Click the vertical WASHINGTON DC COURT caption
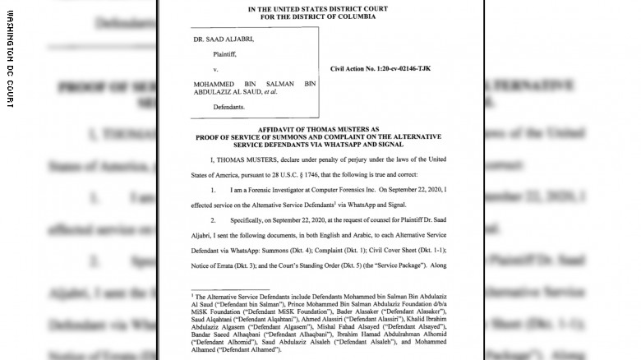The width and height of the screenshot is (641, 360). pos(11,58)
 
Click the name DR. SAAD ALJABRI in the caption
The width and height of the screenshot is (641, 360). pos(224,39)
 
